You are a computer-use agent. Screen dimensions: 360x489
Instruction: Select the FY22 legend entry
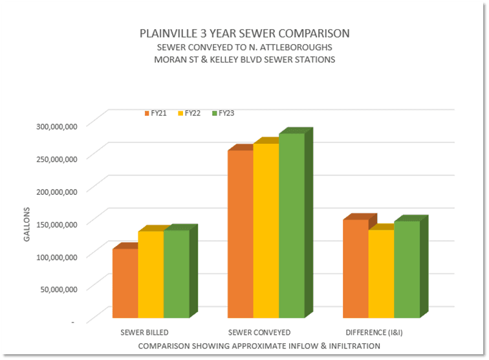click(x=190, y=113)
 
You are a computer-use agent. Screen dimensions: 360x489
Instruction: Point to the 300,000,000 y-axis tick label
click(x=55, y=125)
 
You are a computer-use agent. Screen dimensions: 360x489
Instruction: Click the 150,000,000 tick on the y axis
click(x=55, y=223)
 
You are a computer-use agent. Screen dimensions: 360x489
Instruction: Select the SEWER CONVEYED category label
click(x=265, y=332)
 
